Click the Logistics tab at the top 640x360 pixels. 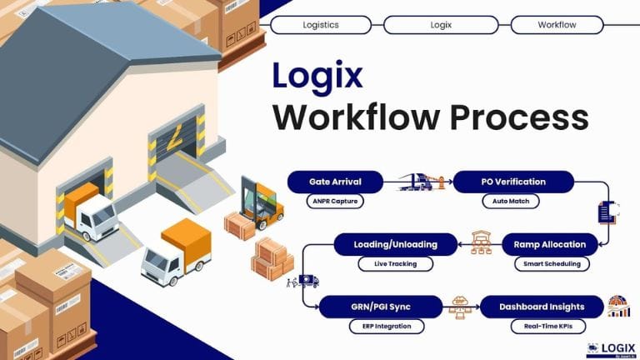pyautogui.click(x=321, y=25)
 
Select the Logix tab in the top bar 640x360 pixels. pyautogui.click(x=441, y=25)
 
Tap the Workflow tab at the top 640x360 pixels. pyautogui.click(x=557, y=25)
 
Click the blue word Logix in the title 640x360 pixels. pyautogui.click(x=317, y=76)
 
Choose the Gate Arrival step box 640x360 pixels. pyautogui.click(x=335, y=182)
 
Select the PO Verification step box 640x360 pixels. pyautogui.click(x=513, y=182)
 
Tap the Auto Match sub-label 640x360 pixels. pyautogui.click(x=511, y=201)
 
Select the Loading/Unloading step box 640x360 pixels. pyautogui.click(x=397, y=244)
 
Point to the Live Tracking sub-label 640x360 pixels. pyautogui.click(x=397, y=264)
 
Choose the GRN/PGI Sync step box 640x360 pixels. pyautogui.click(x=381, y=307)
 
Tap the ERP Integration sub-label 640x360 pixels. pyautogui.click(x=381, y=326)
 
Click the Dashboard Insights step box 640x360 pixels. pyautogui.click(x=542, y=307)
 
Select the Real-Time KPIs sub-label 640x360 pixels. pyautogui.click(x=542, y=326)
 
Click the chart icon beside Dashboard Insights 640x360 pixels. pyautogui.click(x=618, y=306)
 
